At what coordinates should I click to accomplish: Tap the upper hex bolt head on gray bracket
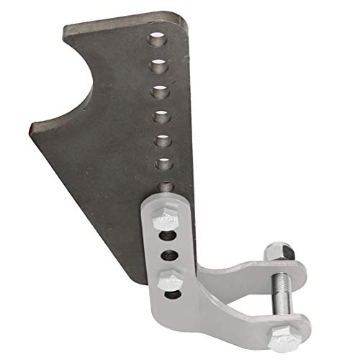pyautogui.click(x=165, y=216)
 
